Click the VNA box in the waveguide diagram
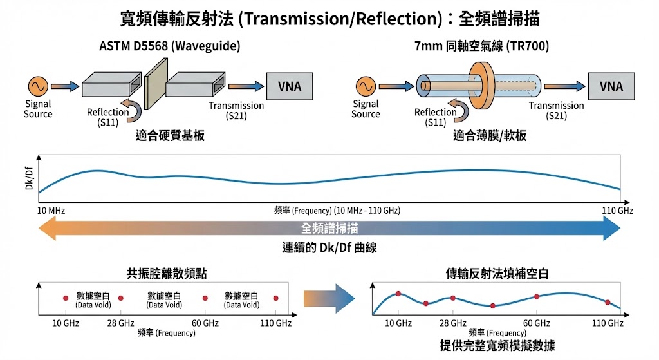coord(289,86)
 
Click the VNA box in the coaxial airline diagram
coord(611,86)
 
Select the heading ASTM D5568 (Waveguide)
coord(170,46)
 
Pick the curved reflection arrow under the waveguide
coord(134,110)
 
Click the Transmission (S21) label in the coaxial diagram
coord(556,110)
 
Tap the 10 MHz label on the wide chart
coord(51,211)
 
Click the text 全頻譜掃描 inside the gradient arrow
coord(329,228)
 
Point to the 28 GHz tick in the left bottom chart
coord(120,323)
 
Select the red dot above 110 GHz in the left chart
coord(276,298)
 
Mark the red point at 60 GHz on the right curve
coord(537,297)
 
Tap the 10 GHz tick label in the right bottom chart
coord(399,323)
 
